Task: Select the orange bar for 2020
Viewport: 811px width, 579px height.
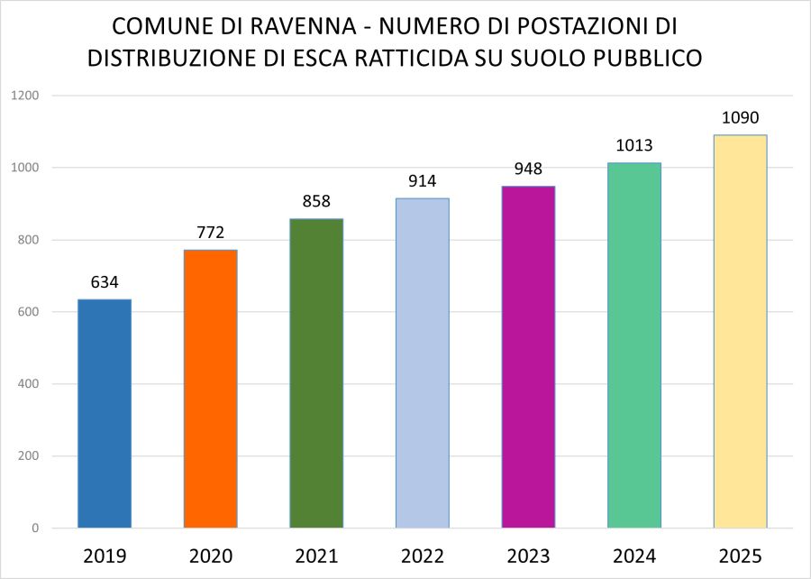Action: [x=210, y=389]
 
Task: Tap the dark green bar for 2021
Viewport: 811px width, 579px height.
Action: [x=316, y=373]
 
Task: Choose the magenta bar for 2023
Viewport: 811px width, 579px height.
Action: [x=528, y=357]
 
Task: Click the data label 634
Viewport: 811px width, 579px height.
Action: [x=105, y=282]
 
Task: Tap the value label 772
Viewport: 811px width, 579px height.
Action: [x=210, y=234]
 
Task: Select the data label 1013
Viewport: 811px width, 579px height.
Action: [x=633, y=146]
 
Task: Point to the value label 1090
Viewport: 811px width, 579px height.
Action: [x=740, y=118]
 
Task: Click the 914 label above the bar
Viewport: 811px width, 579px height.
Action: [x=422, y=181]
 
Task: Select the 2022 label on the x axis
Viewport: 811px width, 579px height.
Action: [x=422, y=555]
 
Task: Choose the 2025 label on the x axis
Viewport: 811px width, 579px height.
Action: [x=740, y=555]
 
